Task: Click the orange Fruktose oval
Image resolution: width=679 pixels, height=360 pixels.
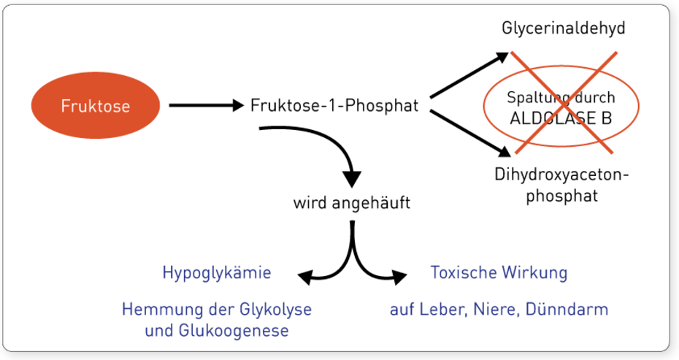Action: point(95,106)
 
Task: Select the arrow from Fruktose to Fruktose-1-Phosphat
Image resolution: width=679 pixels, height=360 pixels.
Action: point(204,106)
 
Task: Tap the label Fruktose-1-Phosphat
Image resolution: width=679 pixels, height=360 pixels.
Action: point(334,106)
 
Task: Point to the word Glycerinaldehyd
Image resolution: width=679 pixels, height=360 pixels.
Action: point(564,28)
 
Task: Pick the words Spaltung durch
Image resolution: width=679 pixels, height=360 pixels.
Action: point(560,97)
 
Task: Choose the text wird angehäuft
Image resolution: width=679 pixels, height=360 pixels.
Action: point(352,203)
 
